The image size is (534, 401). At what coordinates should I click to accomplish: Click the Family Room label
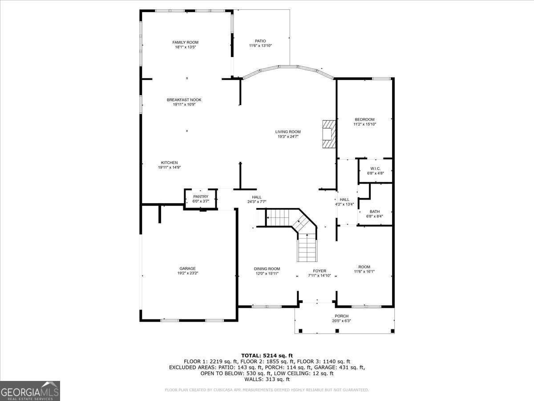(x=185, y=42)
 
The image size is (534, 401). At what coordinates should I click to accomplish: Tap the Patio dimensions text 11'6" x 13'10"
(x=260, y=46)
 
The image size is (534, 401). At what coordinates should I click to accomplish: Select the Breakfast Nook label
(x=184, y=100)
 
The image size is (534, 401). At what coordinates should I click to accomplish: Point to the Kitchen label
(x=169, y=163)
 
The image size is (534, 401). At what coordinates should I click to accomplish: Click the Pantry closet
(x=200, y=199)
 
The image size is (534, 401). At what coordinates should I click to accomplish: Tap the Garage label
(x=187, y=268)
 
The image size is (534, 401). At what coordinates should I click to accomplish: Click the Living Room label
(x=288, y=131)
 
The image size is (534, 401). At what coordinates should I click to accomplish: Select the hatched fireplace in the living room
(x=329, y=134)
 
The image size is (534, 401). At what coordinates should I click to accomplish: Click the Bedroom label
(x=364, y=119)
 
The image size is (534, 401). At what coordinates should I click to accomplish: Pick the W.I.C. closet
(x=375, y=171)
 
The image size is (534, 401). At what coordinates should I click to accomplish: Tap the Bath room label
(x=375, y=212)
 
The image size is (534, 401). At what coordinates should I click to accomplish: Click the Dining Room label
(x=267, y=269)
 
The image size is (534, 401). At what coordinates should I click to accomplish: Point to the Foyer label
(x=320, y=271)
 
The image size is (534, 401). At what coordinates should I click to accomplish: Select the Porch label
(x=342, y=316)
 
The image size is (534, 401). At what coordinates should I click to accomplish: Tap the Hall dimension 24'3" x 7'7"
(x=257, y=202)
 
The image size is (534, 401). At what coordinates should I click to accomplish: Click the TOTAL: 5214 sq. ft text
(x=267, y=355)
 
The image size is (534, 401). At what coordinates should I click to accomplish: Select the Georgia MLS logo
(x=30, y=391)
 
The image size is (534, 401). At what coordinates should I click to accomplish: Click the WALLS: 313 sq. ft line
(x=267, y=380)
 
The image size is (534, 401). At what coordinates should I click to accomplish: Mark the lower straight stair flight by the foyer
(x=307, y=248)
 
